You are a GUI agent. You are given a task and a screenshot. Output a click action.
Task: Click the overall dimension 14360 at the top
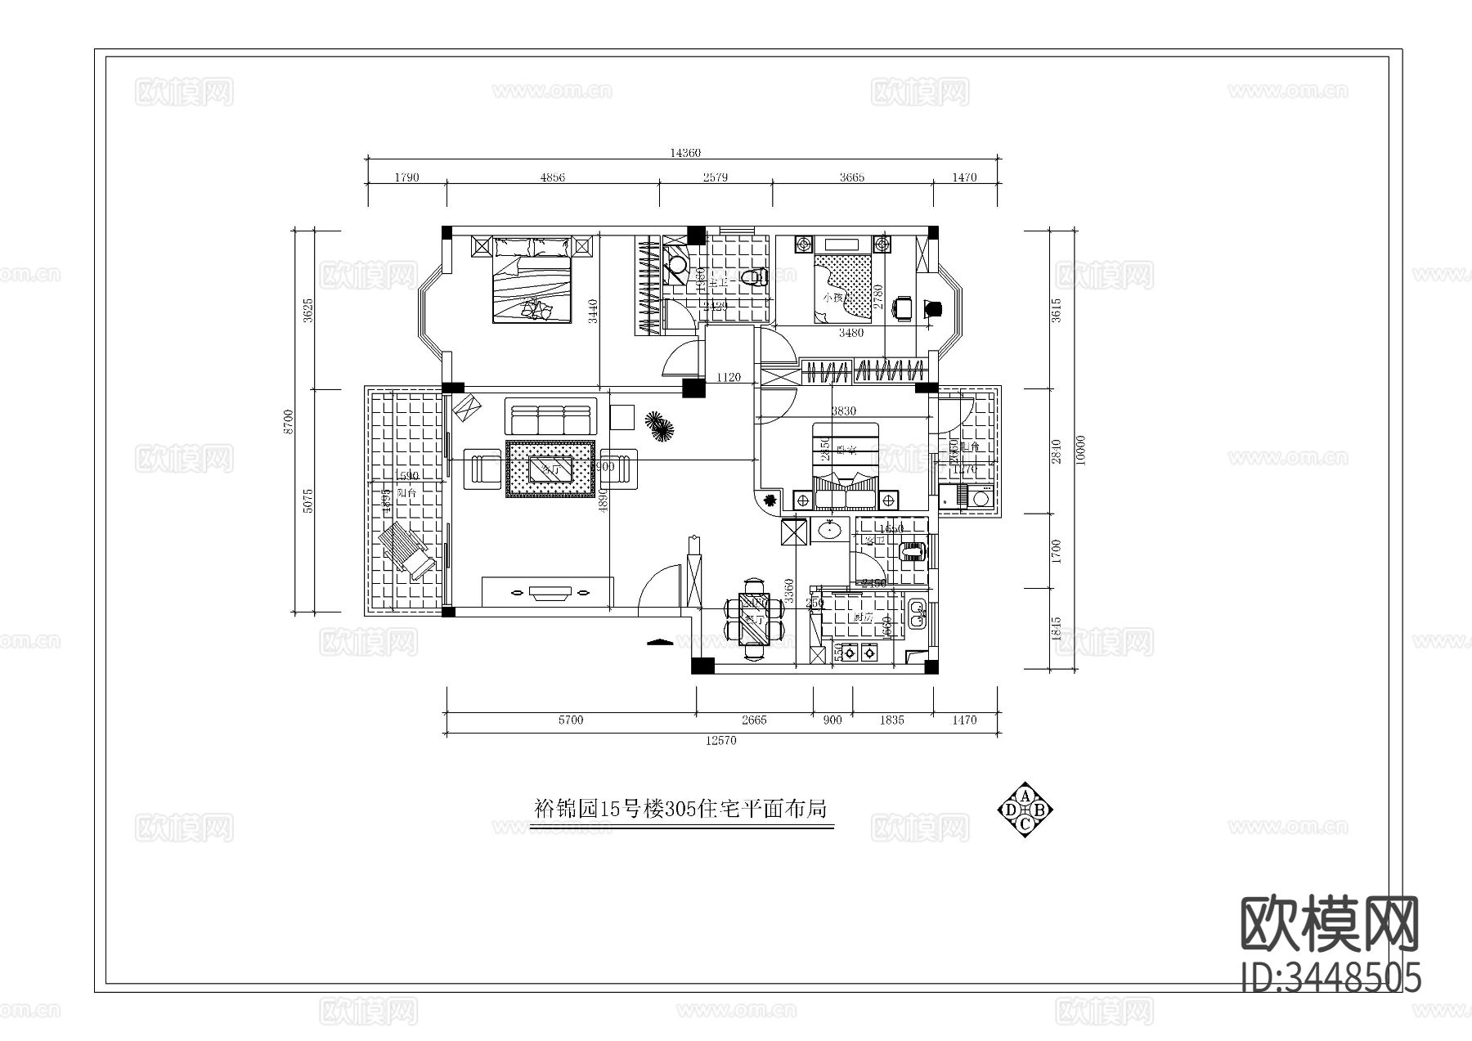click(x=684, y=153)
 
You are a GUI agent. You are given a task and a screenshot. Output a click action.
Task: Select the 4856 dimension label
click(x=553, y=177)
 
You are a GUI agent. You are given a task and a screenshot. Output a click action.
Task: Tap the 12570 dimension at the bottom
click(x=720, y=741)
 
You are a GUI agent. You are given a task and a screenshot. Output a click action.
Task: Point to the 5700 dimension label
click(x=570, y=720)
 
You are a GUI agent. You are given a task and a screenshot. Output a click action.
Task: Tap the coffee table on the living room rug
click(x=550, y=469)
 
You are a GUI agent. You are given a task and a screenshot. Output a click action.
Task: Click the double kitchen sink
click(x=918, y=612)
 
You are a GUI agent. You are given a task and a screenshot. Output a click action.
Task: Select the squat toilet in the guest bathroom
click(x=913, y=552)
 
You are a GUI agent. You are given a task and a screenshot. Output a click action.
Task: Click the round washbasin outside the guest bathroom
click(x=830, y=530)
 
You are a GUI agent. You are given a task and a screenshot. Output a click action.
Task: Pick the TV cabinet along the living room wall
click(x=548, y=590)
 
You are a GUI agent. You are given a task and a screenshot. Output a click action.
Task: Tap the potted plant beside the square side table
click(x=658, y=425)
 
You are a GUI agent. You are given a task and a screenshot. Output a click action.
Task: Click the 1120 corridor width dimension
click(x=728, y=377)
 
